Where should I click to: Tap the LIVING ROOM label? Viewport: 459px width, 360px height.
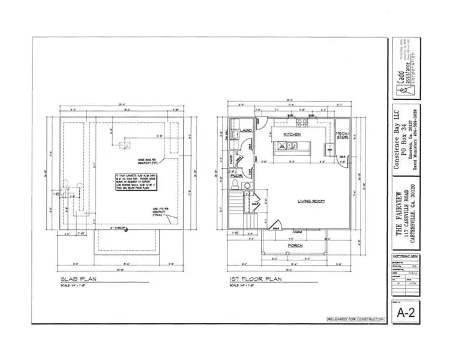click(311, 202)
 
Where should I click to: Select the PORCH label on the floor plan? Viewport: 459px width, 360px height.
click(294, 245)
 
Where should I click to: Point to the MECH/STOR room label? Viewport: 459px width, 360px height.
click(342, 134)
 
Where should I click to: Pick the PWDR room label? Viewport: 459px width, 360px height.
click(236, 176)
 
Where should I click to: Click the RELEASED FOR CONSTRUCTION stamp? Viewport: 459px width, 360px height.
click(355, 319)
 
